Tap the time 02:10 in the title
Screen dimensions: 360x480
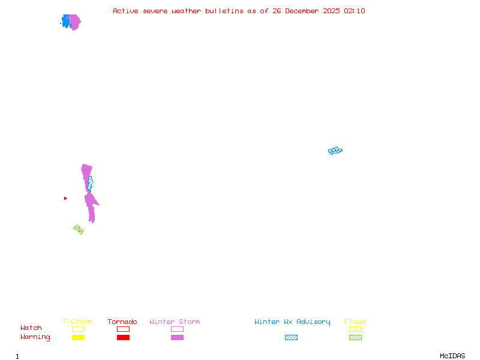click(355, 11)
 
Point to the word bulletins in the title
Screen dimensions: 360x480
click(224, 11)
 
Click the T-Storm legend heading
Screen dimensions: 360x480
click(77, 322)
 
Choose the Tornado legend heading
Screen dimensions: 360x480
click(122, 322)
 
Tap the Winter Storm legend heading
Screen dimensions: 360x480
click(175, 322)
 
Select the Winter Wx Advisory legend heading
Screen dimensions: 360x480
click(292, 322)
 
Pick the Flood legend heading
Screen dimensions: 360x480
click(355, 322)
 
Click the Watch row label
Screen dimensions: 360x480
click(31, 328)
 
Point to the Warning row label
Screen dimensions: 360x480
click(35, 337)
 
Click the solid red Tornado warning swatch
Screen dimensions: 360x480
click(123, 337)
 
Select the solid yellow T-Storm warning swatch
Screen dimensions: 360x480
click(78, 337)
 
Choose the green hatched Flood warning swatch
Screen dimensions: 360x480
click(355, 337)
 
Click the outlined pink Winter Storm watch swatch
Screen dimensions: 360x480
click(177, 329)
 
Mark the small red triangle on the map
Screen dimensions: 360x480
click(65, 198)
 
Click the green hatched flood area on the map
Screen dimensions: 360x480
click(79, 229)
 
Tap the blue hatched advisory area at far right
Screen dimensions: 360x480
click(335, 151)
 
